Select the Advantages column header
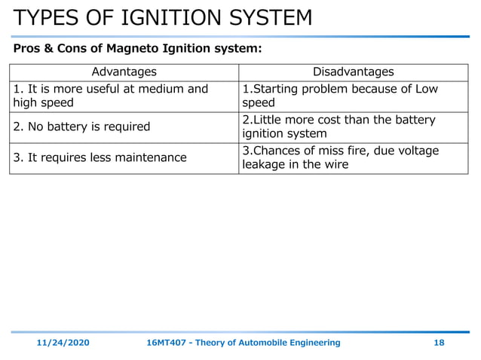pos(124,72)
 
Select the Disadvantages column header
pos(353,72)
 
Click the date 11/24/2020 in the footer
pos(63,343)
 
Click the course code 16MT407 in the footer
pos(165,343)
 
